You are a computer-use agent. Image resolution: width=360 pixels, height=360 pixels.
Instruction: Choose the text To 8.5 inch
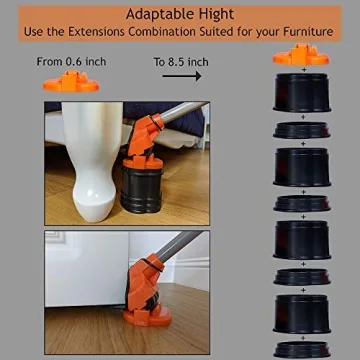(x=181, y=62)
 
